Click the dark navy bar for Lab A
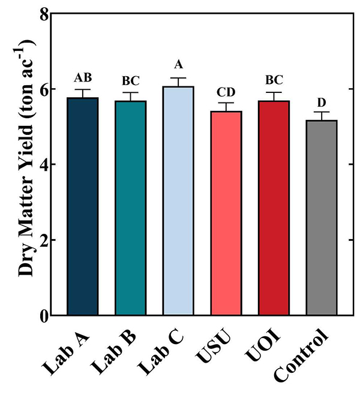[x=83, y=206]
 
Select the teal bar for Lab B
[x=130, y=208]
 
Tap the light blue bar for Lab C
[x=178, y=201]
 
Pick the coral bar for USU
[x=226, y=213]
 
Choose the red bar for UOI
[x=274, y=208]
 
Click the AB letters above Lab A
[x=83, y=78]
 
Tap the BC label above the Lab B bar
[x=130, y=81]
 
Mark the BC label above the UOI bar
[x=274, y=81]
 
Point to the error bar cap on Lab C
[x=178, y=78]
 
